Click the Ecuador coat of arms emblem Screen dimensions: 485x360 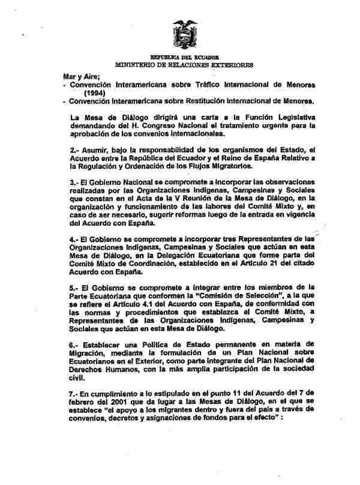(x=185, y=33)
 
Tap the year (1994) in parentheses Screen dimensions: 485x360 (x=95, y=93)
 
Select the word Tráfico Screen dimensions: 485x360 (x=204, y=85)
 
